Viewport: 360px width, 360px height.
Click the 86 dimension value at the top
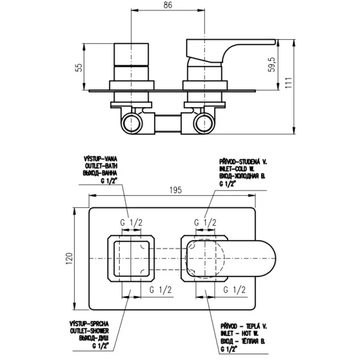click(168, 5)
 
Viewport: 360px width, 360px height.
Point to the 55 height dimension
click(79, 67)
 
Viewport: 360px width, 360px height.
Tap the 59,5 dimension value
click(272, 65)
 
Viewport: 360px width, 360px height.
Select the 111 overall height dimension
click(288, 82)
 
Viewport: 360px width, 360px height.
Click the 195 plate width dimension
click(176, 190)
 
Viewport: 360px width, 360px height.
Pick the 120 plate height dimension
click(69, 259)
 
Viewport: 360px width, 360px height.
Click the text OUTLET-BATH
click(101, 166)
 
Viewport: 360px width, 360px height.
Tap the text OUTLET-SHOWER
click(89, 331)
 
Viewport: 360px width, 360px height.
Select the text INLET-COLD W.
click(236, 169)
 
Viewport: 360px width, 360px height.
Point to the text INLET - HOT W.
click(240, 333)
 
